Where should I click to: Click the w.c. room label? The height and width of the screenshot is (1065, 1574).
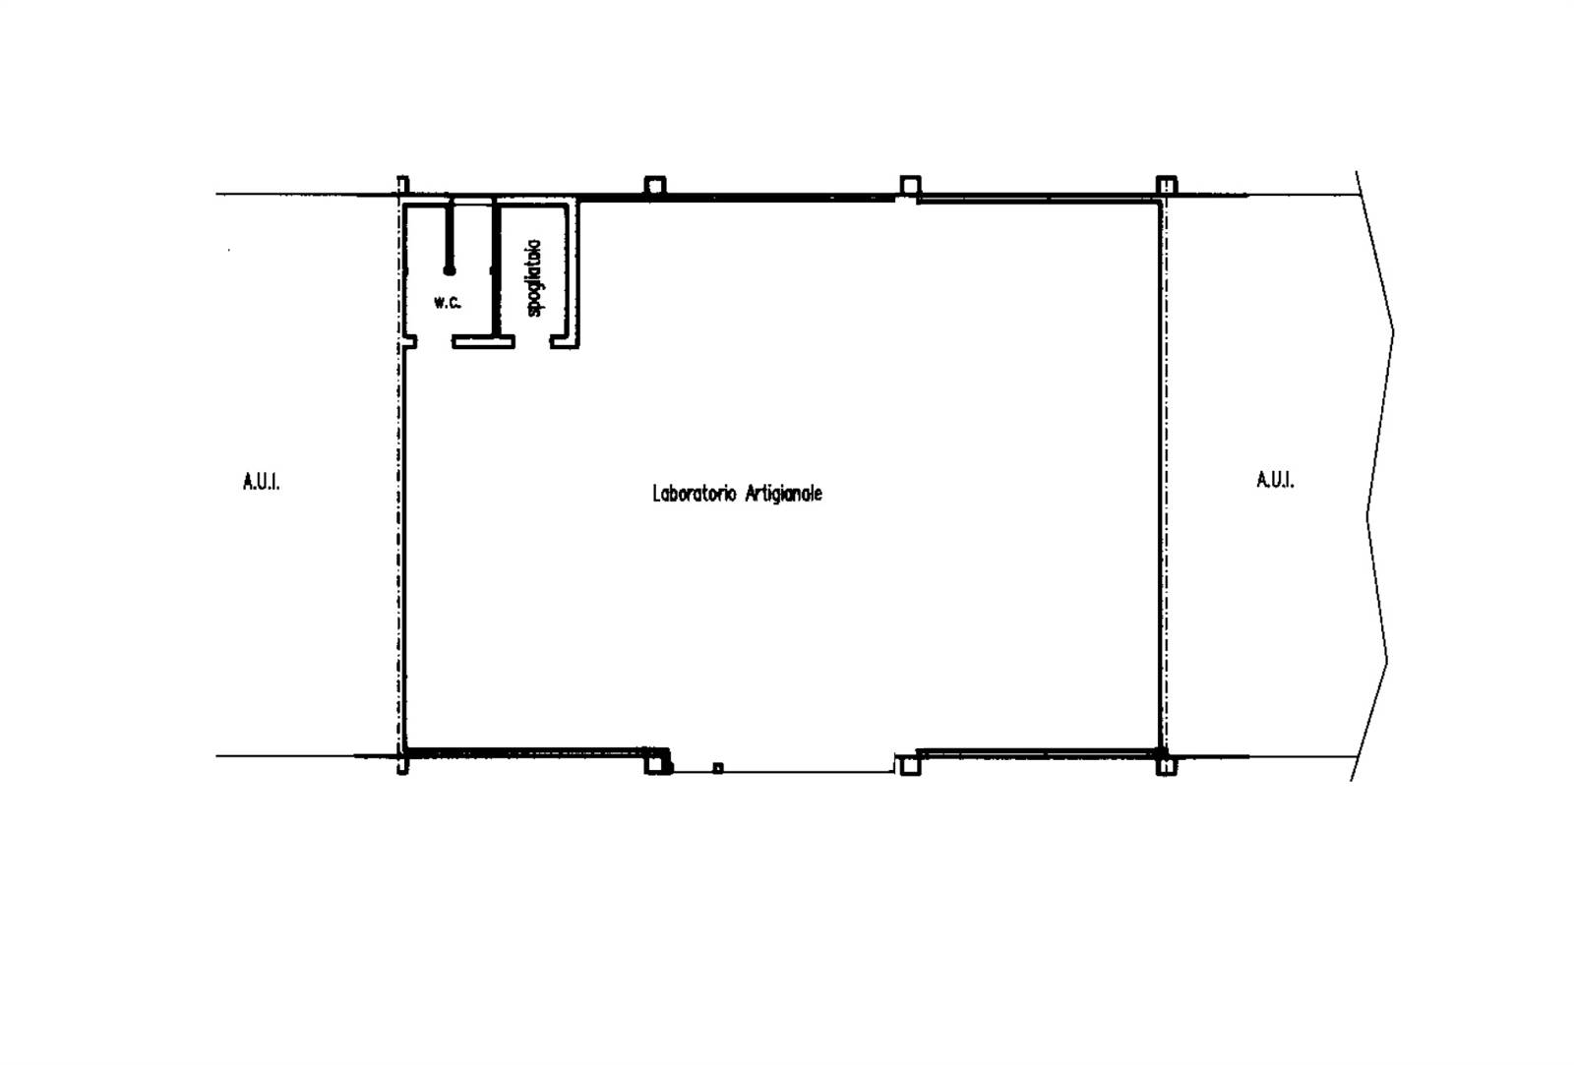(448, 303)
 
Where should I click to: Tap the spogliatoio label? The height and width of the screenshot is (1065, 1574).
(534, 278)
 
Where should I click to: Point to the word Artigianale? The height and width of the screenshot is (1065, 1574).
(783, 494)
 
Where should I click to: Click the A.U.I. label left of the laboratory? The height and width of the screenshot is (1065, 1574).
(262, 482)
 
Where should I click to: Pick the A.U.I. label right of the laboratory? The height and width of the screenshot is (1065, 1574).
(1275, 481)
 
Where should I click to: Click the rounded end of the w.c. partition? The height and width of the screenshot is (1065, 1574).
(449, 270)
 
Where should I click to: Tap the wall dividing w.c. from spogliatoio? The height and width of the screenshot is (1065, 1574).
(496, 270)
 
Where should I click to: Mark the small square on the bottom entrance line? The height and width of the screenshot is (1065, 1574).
(717, 768)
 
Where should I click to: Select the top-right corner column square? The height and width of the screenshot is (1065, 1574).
(1167, 186)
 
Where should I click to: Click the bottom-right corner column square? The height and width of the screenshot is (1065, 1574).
(1167, 765)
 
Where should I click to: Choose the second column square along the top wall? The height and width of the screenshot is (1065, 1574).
(655, 186)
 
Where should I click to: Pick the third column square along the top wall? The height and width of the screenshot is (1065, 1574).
(911, 186)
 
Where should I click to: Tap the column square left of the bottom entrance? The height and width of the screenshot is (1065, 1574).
(655, 764)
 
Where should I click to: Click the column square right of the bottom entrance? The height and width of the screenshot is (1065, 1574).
(911, 765)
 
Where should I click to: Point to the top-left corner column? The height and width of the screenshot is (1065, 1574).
(402, 186)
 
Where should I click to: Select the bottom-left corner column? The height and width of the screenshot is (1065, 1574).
(402, 764)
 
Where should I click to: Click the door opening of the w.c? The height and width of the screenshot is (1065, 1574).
(434, 342)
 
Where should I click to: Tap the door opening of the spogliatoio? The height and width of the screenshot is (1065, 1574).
(532, 342)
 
